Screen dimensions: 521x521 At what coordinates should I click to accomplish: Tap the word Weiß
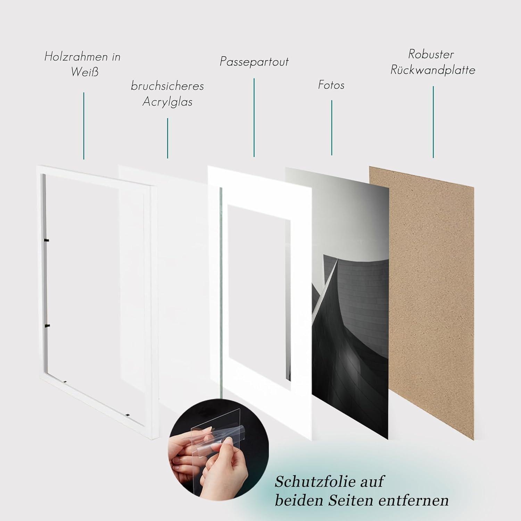coord(85,72)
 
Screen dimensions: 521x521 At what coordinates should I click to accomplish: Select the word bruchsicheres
coord(167,86)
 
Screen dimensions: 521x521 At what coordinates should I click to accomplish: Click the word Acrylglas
coord(167,102)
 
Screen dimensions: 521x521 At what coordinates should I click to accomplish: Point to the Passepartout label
coord(254,62)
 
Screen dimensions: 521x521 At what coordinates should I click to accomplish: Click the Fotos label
coord(331,85)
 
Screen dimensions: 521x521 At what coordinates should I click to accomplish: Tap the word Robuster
coord(431,54)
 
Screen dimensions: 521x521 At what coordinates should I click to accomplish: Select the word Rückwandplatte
coord(433,70)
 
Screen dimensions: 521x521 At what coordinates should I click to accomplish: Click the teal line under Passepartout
coord(254,117)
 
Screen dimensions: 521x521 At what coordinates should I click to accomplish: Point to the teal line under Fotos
coord(332,128)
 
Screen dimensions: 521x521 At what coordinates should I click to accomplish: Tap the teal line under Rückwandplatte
coord(433,122)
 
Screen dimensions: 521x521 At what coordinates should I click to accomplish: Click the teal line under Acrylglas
coord(168,138)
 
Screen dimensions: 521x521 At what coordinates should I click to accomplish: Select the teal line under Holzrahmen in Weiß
coord(84,126)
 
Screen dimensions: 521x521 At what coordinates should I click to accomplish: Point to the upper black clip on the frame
coord(47,240)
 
